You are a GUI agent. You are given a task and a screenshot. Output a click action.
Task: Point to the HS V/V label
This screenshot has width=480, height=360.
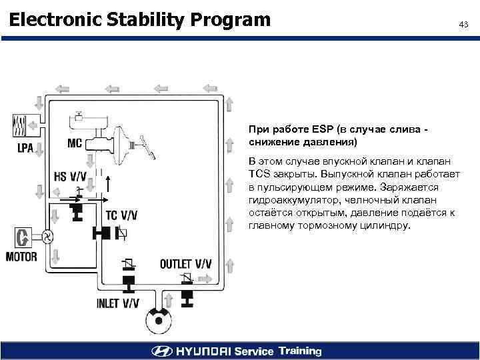pos(69,177)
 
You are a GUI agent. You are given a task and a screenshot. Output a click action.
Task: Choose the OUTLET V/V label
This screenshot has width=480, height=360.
pos(185,264)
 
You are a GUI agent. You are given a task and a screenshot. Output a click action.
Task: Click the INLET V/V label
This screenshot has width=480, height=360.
pos(118,303)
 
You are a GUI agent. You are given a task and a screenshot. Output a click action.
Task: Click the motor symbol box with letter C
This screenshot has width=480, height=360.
pos(24,237)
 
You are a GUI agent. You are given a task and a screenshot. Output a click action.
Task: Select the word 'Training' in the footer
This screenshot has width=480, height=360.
pos(300,351)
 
